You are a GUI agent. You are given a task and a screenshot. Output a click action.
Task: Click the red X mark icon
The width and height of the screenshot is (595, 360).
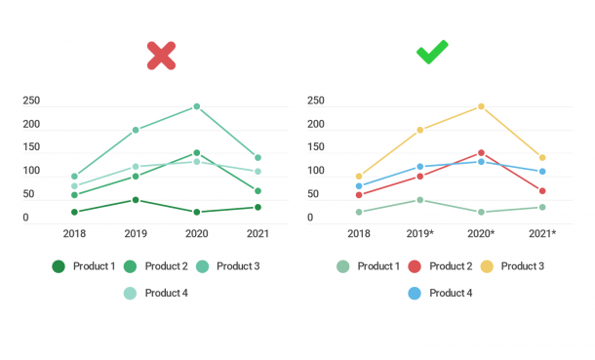click(x=161, y=56)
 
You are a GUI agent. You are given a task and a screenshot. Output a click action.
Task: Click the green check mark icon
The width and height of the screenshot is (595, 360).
click(x=432, y=53)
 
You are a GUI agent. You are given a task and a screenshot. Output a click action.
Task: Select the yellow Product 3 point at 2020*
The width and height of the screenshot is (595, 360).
click(x=481, y=106)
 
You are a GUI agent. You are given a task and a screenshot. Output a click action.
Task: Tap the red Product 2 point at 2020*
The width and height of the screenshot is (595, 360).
click(x=481, y=153)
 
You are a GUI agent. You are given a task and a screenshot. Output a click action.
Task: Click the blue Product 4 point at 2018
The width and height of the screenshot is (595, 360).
click(x=359, y=186)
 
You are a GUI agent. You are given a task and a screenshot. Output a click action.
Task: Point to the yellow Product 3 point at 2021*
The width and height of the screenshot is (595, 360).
click(x=542, y=157)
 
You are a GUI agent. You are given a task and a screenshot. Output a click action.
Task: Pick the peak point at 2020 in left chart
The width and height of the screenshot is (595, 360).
click(x=196, y=106)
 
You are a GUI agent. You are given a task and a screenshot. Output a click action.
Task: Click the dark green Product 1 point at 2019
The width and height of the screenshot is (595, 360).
click(x=136, y=200)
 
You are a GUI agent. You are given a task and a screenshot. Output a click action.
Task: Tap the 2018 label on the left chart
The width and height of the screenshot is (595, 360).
click(x=74, y=234)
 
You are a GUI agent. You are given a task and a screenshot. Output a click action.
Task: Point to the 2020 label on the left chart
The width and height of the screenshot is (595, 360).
click(x=196, y=234)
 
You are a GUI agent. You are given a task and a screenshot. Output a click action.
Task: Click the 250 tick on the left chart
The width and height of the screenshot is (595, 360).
click(x=31, y=101)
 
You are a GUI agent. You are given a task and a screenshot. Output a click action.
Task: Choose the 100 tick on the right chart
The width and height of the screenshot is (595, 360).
click(x=316, y=172)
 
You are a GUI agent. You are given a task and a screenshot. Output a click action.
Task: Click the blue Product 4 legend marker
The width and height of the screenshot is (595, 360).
click(x=414, y=293)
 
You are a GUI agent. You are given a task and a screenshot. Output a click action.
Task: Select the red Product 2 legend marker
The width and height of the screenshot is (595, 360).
click(x=414, y=266)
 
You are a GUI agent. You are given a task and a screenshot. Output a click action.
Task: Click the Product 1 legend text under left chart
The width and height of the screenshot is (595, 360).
click(x=95, y=266)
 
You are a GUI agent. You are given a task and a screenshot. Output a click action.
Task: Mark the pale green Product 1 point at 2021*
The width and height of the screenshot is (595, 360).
click(x=542, y=207)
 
